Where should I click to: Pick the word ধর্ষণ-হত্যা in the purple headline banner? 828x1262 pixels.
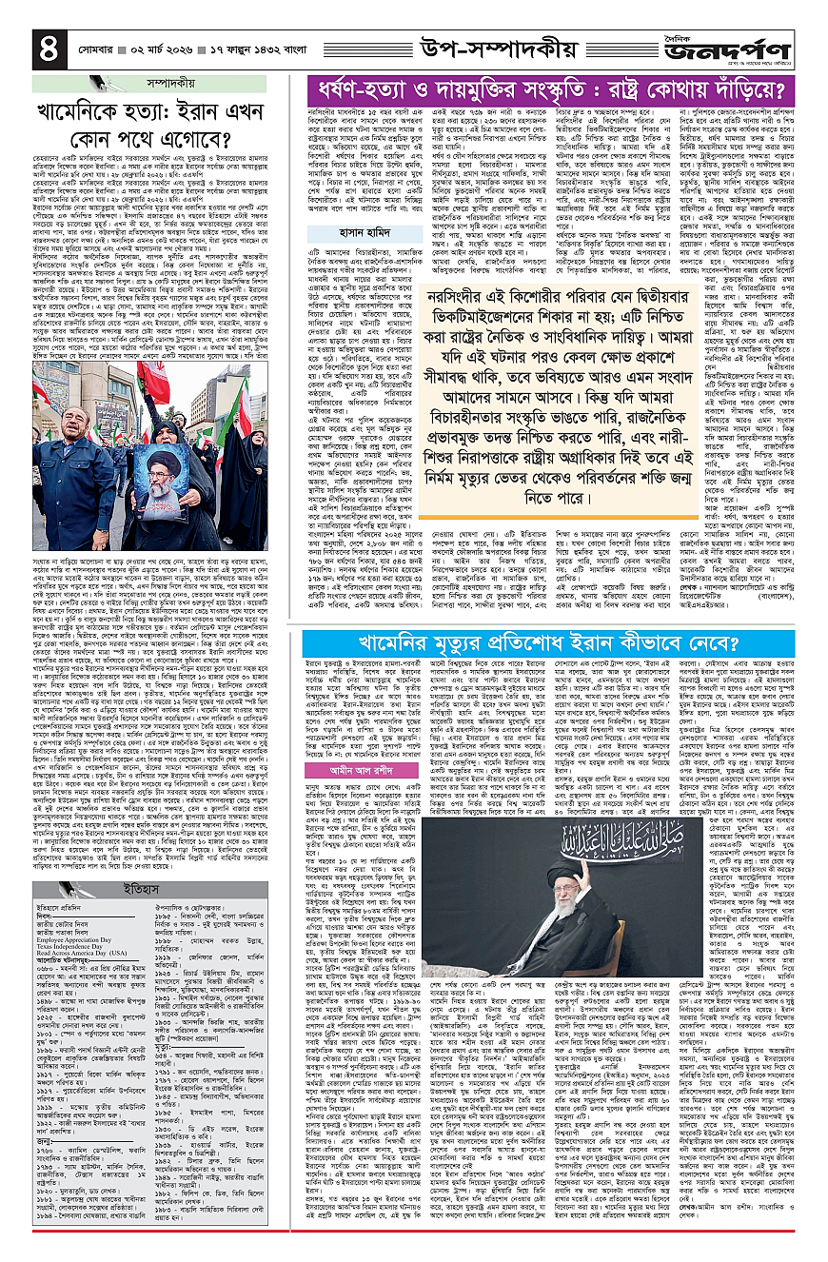click(363, 91)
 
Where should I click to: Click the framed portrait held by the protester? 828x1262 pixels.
click(157, 468)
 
